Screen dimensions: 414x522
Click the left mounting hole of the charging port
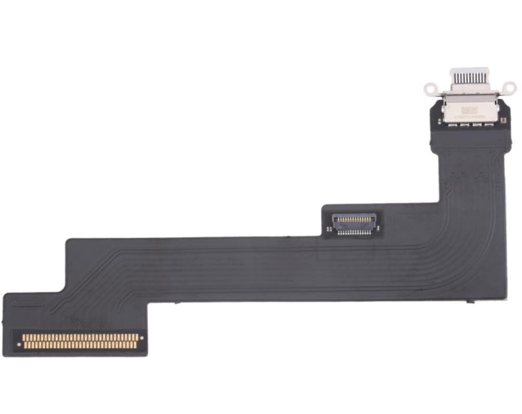(x=429, y=88)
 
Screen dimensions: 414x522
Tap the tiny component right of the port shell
(x=503, y=121)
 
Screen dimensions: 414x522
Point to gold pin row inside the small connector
(x=354, y=219)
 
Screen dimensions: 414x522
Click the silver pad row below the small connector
(x=354, y=232)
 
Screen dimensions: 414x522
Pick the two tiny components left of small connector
(x=328, y=224)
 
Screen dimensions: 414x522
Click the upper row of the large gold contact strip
(x=81, y=338)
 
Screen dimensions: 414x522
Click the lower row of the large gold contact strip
(x=81, y=345)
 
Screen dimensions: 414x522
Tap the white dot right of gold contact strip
(x=142, y=338)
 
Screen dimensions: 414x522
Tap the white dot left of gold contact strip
(x=19, y=344)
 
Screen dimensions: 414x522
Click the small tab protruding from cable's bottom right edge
(x=471, y=302)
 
